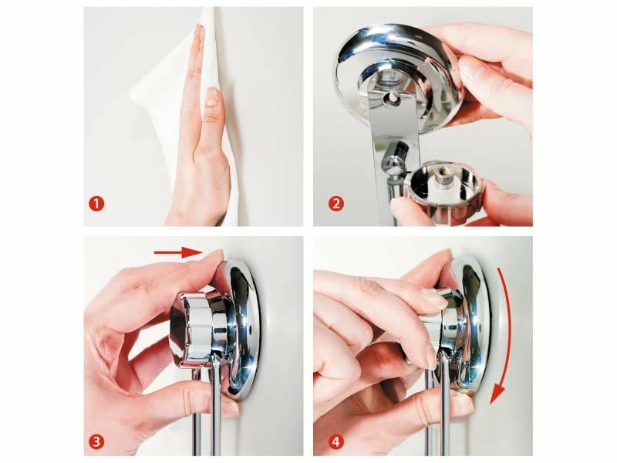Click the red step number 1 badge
point(96,204)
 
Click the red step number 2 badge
point(336,204)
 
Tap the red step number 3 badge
point(96,441)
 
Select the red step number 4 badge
point(336,441)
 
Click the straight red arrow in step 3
point(178,252)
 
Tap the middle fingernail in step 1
point(213,96)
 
